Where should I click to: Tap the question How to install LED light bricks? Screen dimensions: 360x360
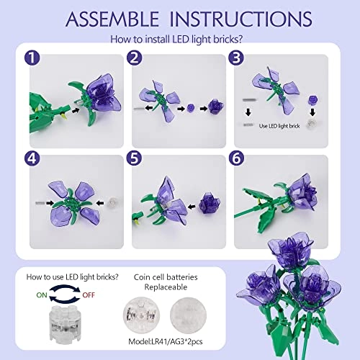click(179, 41)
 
